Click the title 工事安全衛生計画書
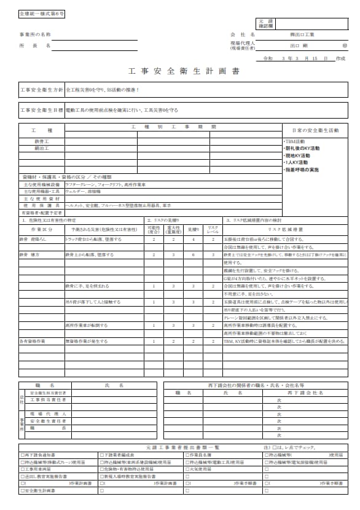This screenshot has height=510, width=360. click(x=179, y=71)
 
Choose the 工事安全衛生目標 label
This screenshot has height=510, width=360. click(x=41, y=110)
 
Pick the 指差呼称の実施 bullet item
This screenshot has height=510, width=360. click(x=301, y=169)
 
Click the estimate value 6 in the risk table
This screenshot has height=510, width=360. click(x=194, y=254)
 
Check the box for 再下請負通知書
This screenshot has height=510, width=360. click(x=22, y=455)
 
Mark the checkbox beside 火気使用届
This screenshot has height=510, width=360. click(x=187, y=469)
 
